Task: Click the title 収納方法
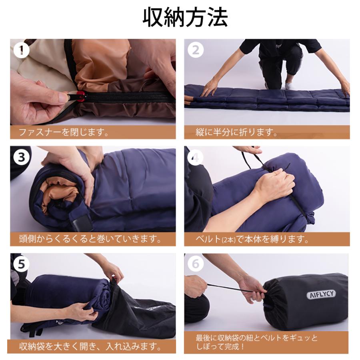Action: (185, 18)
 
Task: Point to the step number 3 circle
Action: (20, 157)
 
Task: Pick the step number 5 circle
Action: (20, 264)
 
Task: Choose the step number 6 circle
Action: (195, 264)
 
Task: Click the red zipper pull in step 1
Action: (81, 96)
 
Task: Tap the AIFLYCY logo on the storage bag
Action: (322, 294)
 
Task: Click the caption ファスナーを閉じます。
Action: (64, 132)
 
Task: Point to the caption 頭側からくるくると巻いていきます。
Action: (90, 239)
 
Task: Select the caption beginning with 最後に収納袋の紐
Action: (256, 342)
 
